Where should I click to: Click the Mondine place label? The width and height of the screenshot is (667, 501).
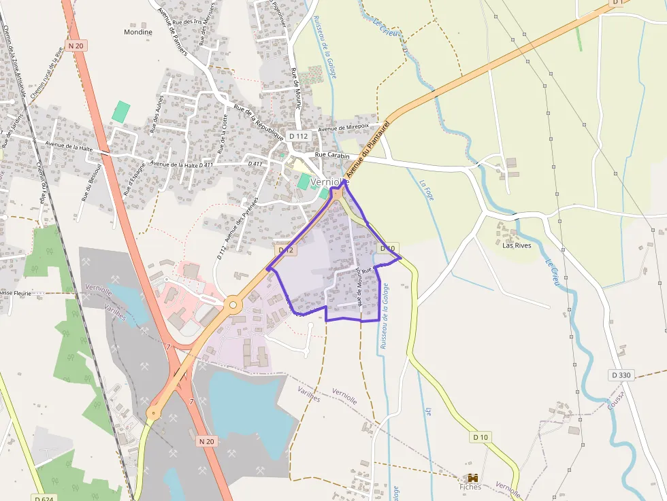pos(138,32)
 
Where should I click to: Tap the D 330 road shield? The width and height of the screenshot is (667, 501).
pos(621,375)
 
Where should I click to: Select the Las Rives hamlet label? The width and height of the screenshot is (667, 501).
pos(516,245)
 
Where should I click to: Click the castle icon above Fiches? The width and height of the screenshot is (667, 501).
pos(470,478)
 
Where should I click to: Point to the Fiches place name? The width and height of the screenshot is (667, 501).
pos(470,487)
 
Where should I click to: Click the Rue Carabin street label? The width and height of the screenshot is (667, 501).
pos(332,156)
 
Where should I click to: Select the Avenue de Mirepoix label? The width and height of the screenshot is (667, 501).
pos(344,126)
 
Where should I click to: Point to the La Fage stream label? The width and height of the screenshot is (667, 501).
pos(427,190)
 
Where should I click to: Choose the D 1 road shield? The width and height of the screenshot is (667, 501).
pos(617,3)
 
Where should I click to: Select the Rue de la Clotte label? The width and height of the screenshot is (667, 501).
pos(223,133)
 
